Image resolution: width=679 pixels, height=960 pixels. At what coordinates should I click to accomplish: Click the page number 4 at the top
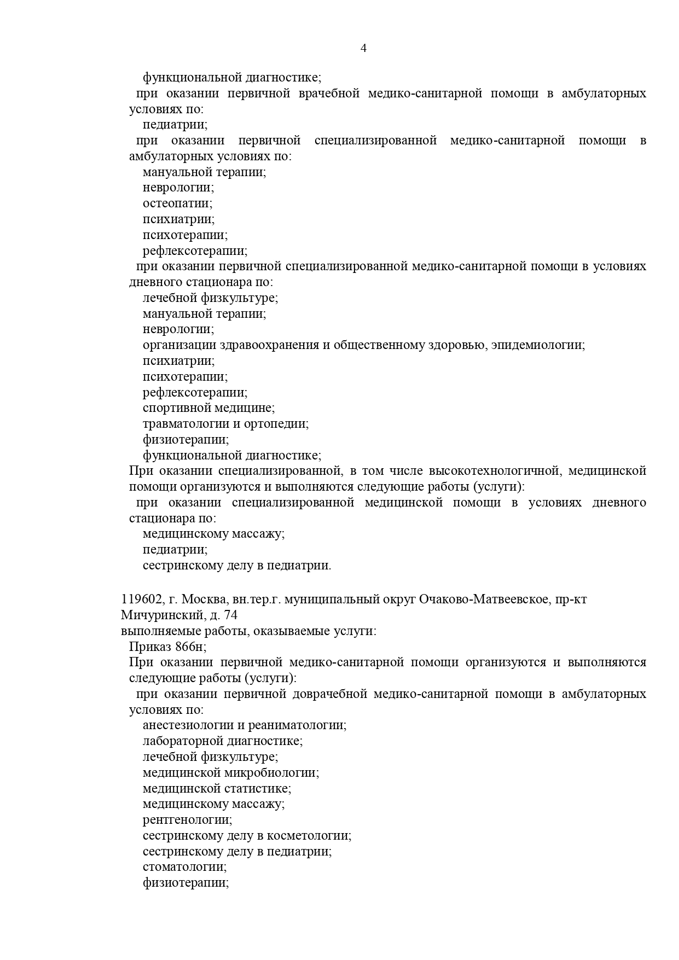tap(364, 48)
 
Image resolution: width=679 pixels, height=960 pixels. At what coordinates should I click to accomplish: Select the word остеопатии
tap(177, 203)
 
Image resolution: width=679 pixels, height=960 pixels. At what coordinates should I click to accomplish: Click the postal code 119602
tap(141, 599)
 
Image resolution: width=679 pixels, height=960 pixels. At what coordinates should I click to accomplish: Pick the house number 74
tap(230, 615)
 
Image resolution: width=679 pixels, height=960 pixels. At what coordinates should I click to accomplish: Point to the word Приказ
tap(150, 647)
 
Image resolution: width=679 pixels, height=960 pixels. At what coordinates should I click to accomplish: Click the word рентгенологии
tap(187, 820)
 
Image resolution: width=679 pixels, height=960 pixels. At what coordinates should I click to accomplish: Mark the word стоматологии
tap(184, 867)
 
